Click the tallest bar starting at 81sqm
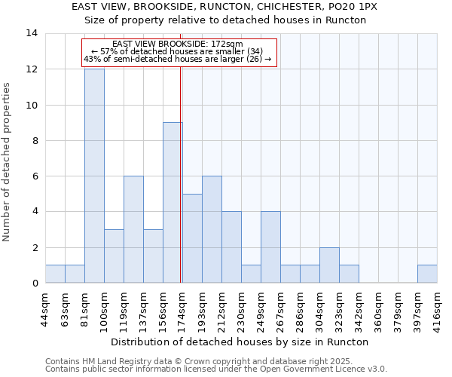point(94,176)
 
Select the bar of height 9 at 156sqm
point(173,202)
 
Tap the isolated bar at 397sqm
point(427,274)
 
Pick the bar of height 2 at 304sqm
point(329,265)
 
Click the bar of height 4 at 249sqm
point(270,247)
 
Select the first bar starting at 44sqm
point(55,274)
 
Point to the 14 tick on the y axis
point(32,33)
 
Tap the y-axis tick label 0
point(35,284)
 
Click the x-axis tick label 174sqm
point(183,308)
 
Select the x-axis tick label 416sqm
point(438,308)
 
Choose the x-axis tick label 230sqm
point(242,308)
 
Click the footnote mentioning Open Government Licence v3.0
point(216,369)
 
